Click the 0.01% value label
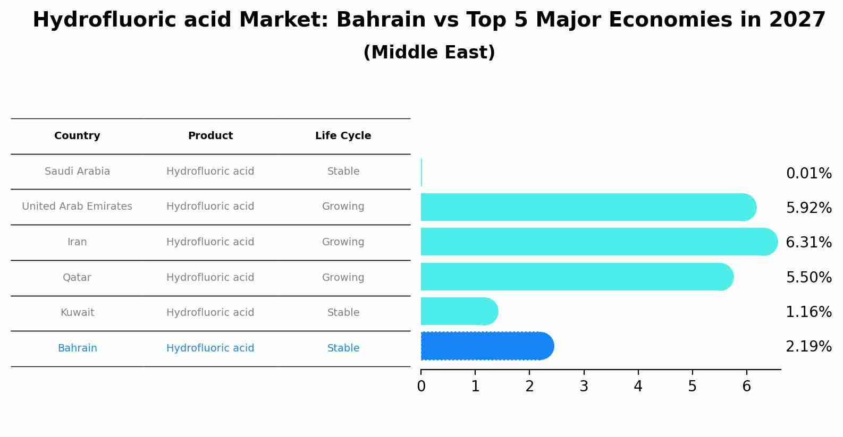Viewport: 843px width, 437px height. pos(808,174)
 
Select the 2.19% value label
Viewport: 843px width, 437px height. pos(808,347)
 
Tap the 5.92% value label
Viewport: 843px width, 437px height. pos(808,208)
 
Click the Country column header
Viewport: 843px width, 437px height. pos(77,136)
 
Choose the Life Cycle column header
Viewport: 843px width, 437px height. pos(343,136)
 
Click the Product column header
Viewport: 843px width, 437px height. pos(210,136)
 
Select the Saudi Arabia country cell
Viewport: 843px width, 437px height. pos(77,172)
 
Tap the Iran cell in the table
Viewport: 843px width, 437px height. pos(77,242)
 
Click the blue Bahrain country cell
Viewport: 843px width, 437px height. pos(77,348)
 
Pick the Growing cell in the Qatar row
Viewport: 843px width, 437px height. pos(343,278)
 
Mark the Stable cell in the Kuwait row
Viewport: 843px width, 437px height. pos(343,313)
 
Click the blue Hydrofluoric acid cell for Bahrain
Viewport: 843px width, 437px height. pos(210,348)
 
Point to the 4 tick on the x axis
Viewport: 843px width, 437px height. pos(638,387)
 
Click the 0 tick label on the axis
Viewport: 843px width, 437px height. pos(421,387)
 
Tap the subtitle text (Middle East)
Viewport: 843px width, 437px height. pos(429,53)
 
